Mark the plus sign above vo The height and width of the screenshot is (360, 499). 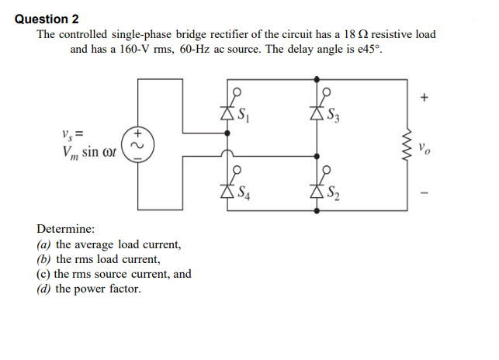click(423, 98)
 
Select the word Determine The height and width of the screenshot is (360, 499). click(66, 230)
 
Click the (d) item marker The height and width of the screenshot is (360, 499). click(44, 289)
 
